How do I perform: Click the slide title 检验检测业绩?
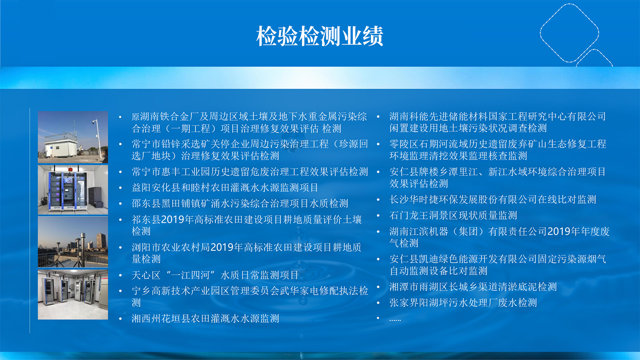point(320,36)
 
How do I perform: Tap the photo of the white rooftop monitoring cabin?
point(73,137)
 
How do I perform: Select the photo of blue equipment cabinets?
point(73,190)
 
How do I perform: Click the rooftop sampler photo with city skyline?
point(73,242)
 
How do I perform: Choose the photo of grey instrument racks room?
point(73,295)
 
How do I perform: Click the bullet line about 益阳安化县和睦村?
point(225,188)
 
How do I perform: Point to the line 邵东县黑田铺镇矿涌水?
point(240,203)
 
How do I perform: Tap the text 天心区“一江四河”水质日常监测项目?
point(215,275)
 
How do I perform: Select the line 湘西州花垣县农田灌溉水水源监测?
point(205,319)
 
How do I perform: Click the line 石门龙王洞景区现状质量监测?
point(453,216)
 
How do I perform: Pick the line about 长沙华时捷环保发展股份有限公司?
point(493,200)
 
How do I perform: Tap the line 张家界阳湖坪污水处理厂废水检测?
point(463,302)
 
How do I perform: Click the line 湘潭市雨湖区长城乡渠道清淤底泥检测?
point(473,287)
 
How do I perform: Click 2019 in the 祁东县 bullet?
point(172,220)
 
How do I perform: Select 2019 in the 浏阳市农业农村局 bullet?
point(222,247)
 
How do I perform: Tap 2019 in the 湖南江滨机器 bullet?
point(559,231)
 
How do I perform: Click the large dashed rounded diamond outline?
point(541,33)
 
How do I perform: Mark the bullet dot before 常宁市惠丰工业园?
point(120,172)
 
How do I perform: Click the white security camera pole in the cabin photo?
point(98,140)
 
